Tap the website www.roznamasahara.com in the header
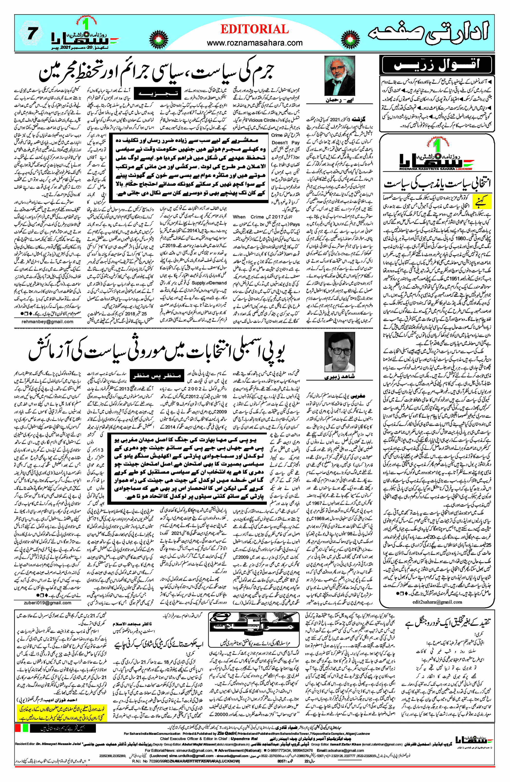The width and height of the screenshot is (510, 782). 254,43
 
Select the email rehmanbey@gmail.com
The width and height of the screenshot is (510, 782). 47,322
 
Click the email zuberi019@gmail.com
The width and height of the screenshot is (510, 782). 47,603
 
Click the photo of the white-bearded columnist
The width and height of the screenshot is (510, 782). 340,76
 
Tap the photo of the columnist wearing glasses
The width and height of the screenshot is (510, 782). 340,352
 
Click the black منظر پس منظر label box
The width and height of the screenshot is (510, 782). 156,375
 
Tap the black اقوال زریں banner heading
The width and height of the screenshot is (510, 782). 437,64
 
